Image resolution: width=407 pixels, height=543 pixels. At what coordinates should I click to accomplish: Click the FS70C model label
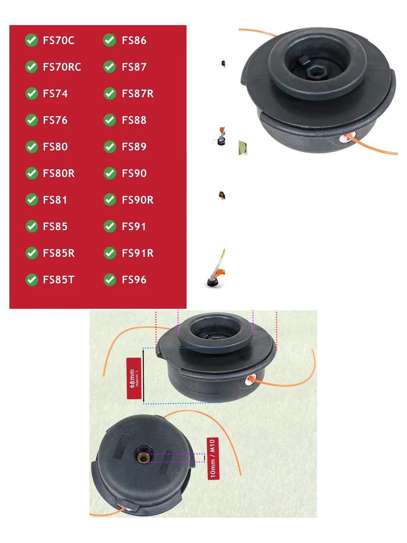tap(59, 40)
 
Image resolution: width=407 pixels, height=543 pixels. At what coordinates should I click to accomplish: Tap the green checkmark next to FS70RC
tap(31, 67)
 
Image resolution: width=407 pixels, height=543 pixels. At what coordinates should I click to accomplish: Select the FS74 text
tap(55, 94)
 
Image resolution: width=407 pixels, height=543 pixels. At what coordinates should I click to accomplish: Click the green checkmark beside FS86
tap(109, 40)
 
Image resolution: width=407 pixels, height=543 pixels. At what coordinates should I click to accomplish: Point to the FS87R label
tap(138, 94)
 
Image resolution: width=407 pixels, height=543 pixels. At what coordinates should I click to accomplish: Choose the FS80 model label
tap(55, 147)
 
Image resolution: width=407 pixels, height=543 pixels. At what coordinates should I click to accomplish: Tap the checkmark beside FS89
tap(110, 147)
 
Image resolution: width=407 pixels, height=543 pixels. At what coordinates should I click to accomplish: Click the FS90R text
tap(138, 200)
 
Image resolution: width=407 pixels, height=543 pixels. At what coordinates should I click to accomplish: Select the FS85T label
tap(59, 280)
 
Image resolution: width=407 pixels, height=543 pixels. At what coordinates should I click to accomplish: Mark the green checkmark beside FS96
tap(110, 280)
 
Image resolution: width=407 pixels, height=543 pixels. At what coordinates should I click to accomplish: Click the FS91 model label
tap(134, 227)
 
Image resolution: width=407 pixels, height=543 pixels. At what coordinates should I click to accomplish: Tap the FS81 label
tap(55, 200)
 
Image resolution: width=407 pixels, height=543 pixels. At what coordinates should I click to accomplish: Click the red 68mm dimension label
tap(134, 378)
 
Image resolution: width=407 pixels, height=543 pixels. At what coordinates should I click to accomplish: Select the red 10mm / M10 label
tap(213, 458)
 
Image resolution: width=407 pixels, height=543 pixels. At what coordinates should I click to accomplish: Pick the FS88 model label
tap(134, 120)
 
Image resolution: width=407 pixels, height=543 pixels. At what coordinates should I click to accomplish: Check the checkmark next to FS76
tap(32, 120)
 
